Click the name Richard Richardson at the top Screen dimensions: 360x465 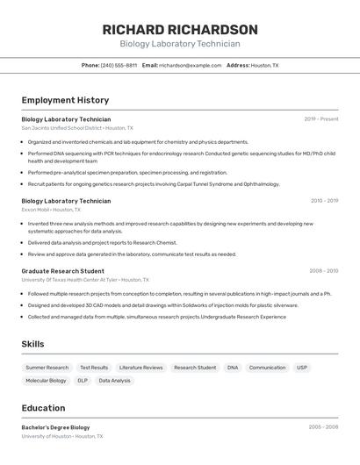pyautogui.click(x=180, y=30)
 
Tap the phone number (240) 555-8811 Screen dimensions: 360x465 pyautogui.click(x=119, y=65)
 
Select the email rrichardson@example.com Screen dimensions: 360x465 pyautogui.click(x=191, y=65)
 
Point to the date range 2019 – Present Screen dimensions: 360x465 pyautogui.click(x=321, y=119)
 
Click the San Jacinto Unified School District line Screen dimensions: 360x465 pyautogui.click(x=77, y=128)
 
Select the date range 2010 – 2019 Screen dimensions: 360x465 pyautogui.click(x=324, y=201)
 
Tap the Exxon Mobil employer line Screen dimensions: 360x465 pyautogui.click(x=51, y=210)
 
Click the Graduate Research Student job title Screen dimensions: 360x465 pyautogui.click(x=62, y=271)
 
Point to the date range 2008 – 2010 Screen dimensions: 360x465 pyautogui.click(x=324, y=271)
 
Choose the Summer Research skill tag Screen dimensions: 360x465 pyautogui.click(x=47, y=368)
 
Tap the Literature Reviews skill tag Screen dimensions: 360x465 pyautogui.click(x=141, y=368)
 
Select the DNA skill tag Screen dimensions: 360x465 pyautogui.click(x=233, y=368)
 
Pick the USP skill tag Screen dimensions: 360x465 pyautogui.click(x=302, y=368)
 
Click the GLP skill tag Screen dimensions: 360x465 pyautogui.click(x=83, y=381)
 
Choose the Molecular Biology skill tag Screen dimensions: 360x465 pyautogui.click(x=46, y=381)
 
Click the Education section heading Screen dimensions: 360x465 pyautogui.click(x=43, y=408)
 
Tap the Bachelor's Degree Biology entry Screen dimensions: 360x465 pyautogui.click(x=55, y=427)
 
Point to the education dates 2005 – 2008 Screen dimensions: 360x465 pyautogui.click(x=323, y=427)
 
